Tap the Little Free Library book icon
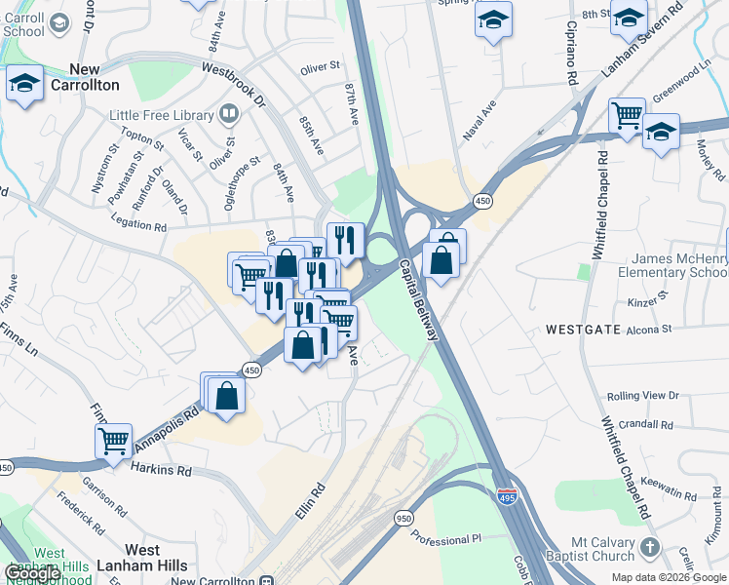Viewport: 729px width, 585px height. (228, 115)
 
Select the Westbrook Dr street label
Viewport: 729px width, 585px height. (233, 85)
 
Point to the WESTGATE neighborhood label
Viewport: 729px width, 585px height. (583, 330)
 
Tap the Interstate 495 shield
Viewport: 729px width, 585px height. (506, 496)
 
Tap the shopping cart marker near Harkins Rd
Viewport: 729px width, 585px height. (113, 441)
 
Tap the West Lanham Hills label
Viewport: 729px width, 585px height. (125, 558)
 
